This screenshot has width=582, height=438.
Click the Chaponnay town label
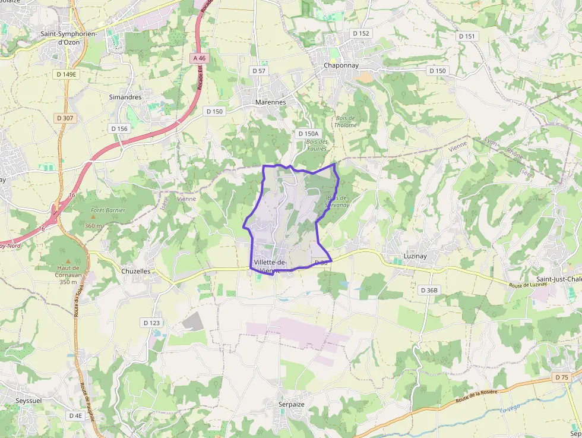coord(341,65)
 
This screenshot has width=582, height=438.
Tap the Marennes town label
coord(270,102)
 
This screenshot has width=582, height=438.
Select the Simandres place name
coord(125,97)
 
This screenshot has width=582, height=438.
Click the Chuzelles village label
coord(135,271)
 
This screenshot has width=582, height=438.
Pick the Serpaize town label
coord(292,404)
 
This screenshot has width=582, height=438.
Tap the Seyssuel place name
coord(21,401)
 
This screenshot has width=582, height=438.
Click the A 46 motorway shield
coord(199,58)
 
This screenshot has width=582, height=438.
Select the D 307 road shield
coord(65,118)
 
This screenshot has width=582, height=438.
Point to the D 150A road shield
coord(308,134)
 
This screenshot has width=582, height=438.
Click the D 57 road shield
coord(259,71)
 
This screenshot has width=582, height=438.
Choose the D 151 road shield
coord(467,36)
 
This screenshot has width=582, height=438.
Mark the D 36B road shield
coord(428,290)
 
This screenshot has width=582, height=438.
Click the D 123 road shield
coord(151,323)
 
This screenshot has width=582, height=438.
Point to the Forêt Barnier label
coord(108,210)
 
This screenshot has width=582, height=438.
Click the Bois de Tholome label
coord(346,121)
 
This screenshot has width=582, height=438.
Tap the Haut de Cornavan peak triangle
coord(68,261)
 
